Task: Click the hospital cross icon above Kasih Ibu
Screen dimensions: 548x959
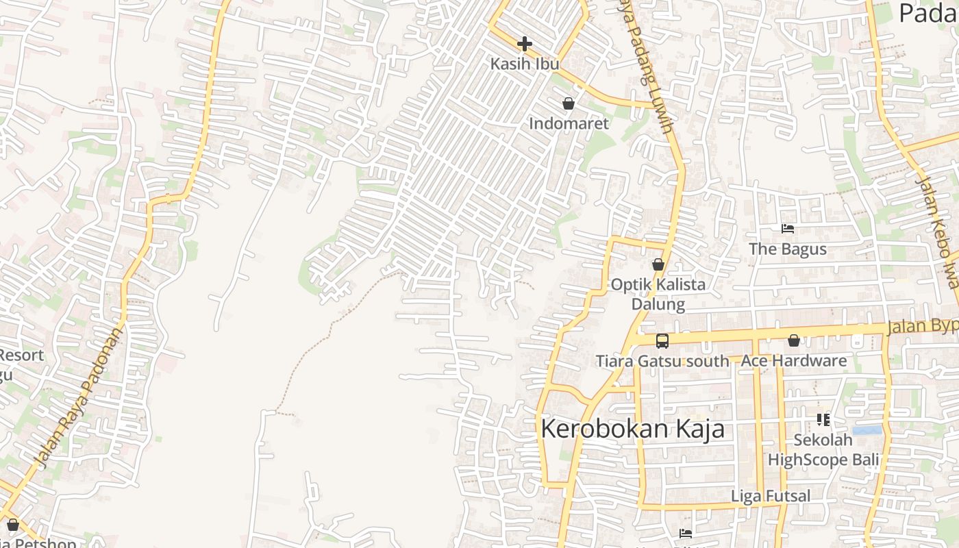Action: [525, 45]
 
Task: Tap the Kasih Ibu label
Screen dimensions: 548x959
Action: [525, 64]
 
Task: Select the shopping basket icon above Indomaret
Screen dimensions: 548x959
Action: [568, 103]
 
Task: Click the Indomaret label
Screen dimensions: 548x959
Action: [569, 123]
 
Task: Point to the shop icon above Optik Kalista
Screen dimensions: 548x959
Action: [658, 264]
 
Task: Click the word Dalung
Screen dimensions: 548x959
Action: [658, 304]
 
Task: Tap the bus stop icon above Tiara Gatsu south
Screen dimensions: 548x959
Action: [662, 340]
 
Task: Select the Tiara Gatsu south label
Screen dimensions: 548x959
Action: [662, 360]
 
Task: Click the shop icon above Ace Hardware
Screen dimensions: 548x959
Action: [794, 340]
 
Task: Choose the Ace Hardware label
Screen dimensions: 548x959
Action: [794, 360]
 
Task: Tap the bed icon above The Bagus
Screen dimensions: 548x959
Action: [788, 229]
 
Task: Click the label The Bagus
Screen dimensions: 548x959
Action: [788, 249]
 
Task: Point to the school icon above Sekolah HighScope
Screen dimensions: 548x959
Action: [823, 419]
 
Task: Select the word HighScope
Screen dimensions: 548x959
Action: [823, 459]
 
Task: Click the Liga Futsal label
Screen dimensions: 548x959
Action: [771, 495]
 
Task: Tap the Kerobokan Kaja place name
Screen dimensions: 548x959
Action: [632, 429]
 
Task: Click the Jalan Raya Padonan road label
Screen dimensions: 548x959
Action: [81, 397]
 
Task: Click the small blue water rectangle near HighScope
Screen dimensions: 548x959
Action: [868, 430]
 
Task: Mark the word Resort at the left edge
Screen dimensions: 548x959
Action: [21, 355]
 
